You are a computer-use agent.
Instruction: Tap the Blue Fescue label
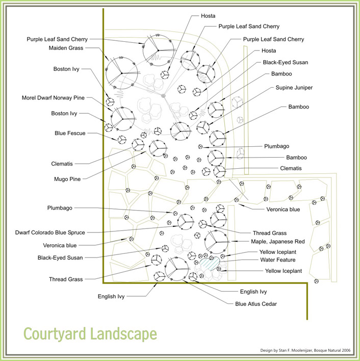tap(70, 133)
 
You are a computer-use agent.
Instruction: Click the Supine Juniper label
tap(294, 88)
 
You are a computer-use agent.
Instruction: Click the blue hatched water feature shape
tap(210, 264)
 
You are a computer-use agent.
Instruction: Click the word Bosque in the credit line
tap(319, 350)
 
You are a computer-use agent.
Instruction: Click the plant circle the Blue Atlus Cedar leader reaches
tap(175, 269)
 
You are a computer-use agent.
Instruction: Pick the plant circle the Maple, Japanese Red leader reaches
tap(216, 242)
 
